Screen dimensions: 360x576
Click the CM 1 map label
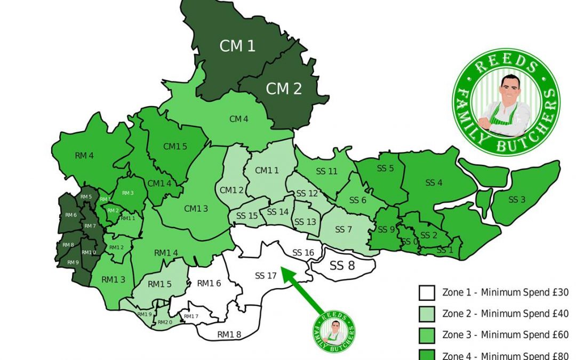tap(237, 46)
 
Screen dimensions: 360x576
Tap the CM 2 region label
tap(284, 89)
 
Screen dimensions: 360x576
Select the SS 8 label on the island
tap(342, 265)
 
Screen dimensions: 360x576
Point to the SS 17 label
tap(266, 276)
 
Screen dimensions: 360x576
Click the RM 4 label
tap(84, 156)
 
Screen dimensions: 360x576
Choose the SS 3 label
tap(517, 200)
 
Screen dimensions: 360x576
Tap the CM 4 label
tap(239, 119)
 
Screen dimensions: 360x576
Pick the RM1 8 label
tap(229, 334)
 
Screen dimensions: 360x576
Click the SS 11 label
tap(327, 171)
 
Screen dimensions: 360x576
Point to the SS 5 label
tap(385, 169)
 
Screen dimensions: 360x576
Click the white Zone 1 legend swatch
tap(428, 292)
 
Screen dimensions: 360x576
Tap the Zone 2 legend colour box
tap(428, 314)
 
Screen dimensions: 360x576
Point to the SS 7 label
tap(344, 230)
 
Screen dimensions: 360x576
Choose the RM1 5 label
tap(159, 284)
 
